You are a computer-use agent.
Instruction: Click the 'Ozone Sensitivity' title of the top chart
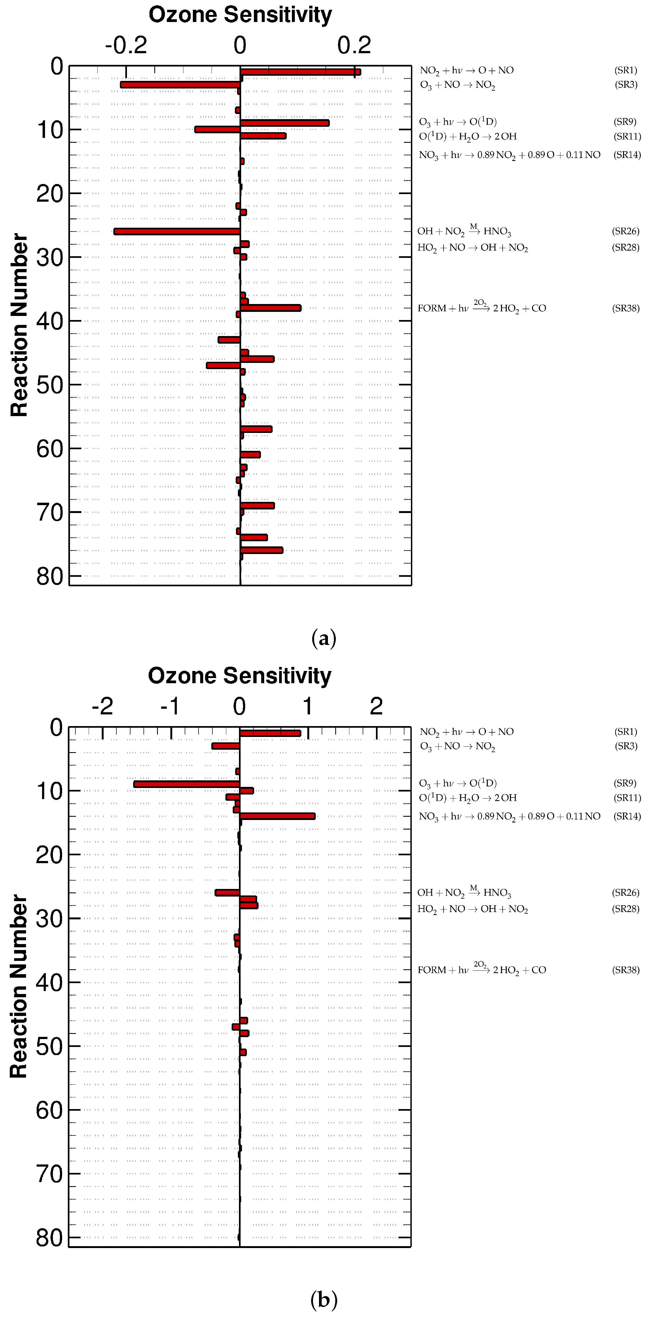tap(240, 15)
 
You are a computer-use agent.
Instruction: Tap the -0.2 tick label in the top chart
tap(126, 46)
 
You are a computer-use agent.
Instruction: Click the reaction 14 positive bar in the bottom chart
tap(277, 816)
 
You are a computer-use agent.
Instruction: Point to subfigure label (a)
tap(324, 639)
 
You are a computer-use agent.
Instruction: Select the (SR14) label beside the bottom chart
tap(627, 816)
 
